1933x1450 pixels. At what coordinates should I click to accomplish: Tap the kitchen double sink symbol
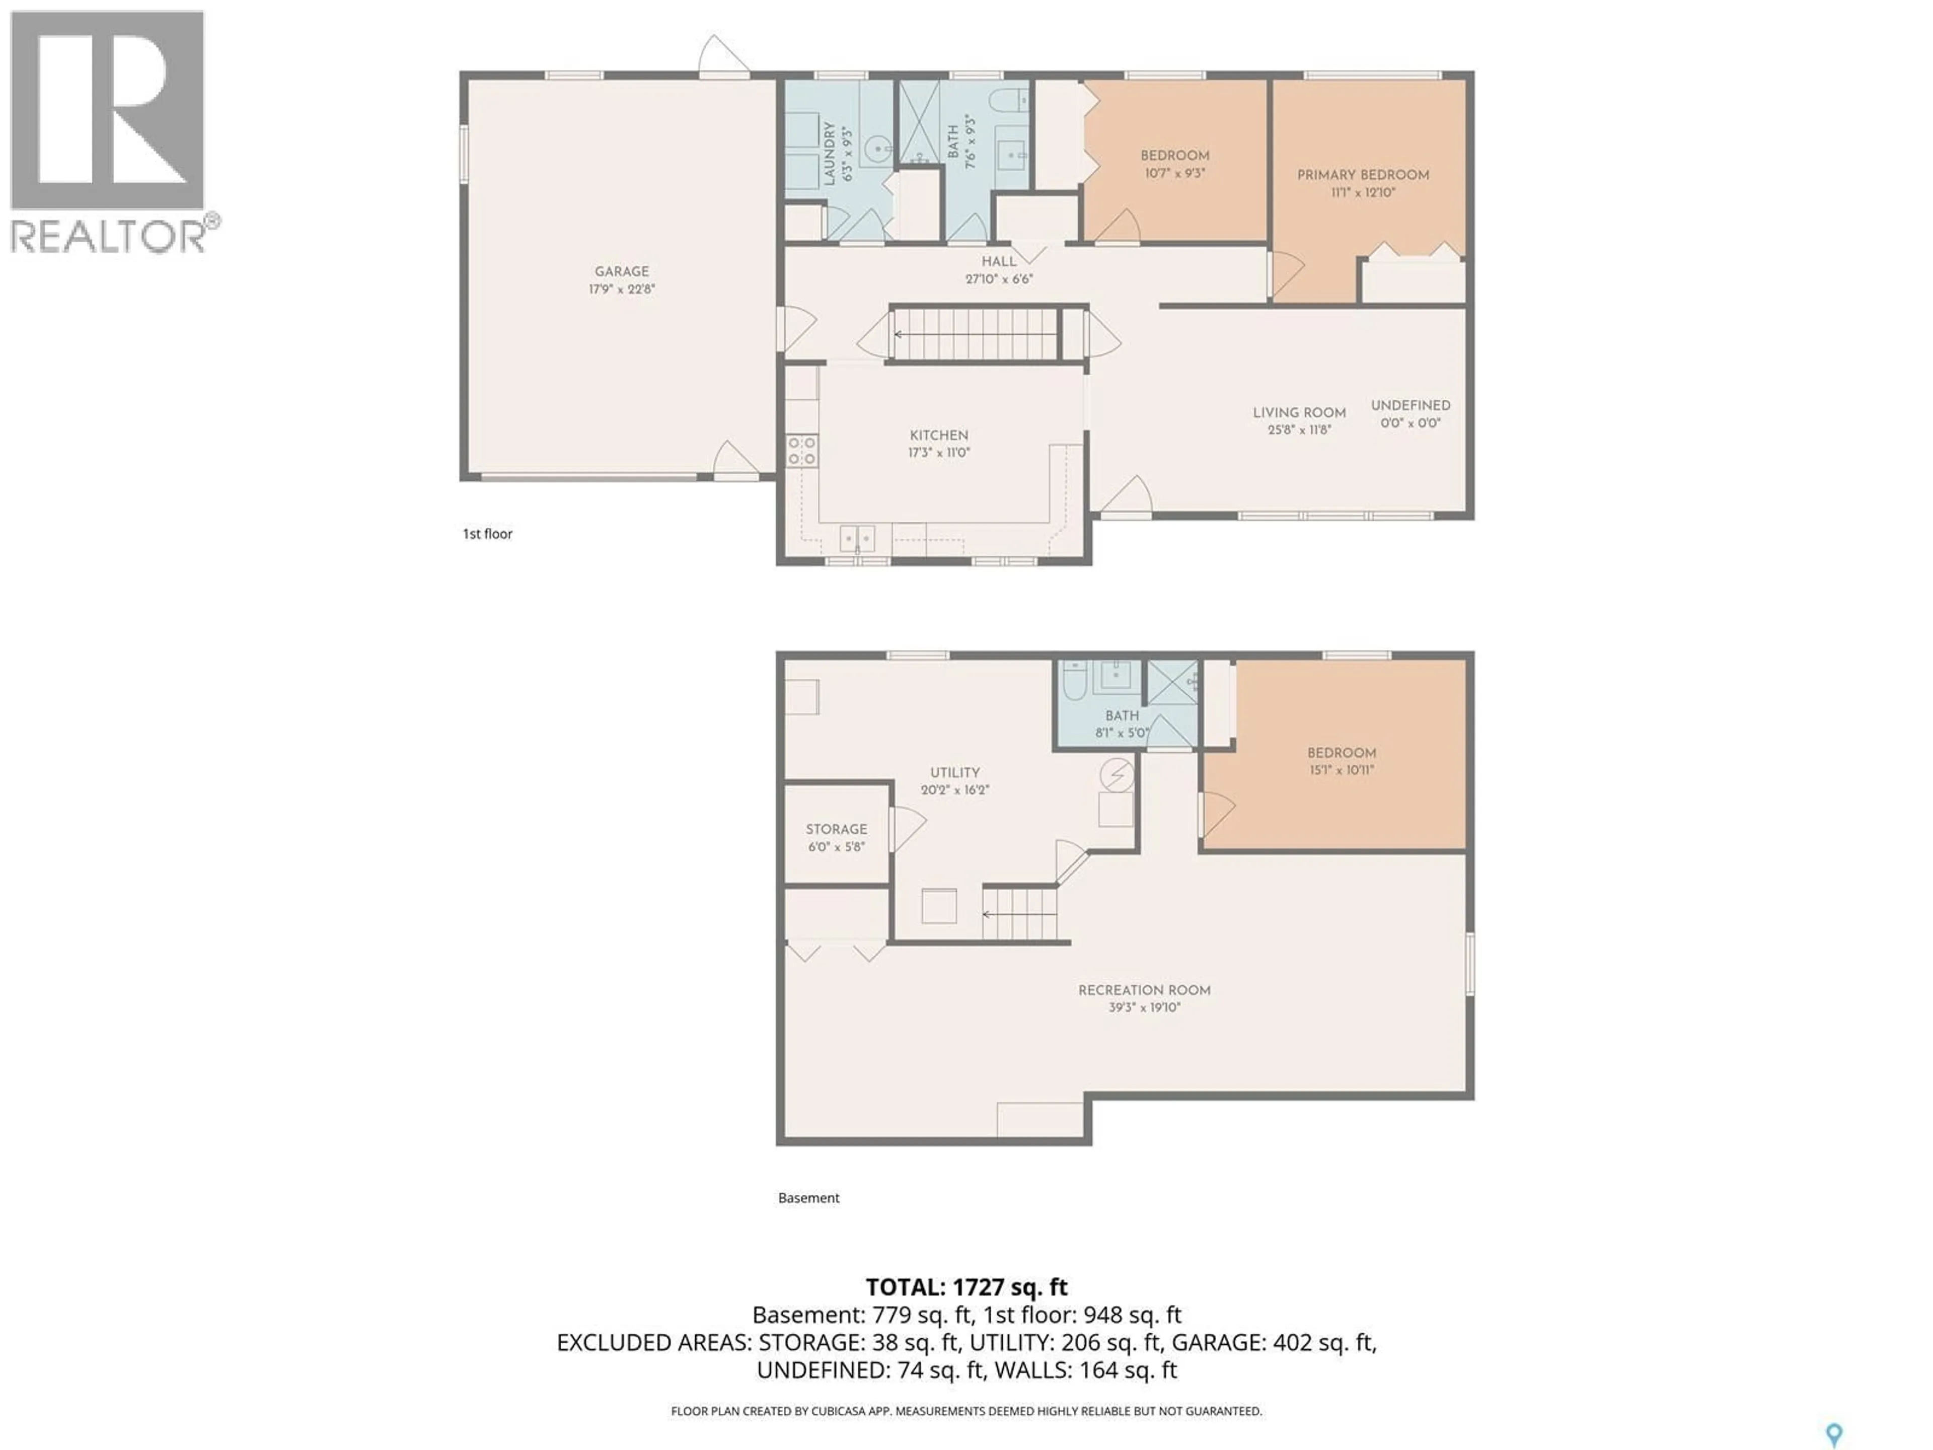tap(856, 538)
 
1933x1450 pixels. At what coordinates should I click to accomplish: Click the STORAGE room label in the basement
tap(836, 829)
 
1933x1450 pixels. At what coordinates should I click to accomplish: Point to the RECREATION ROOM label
tap(1144, 990)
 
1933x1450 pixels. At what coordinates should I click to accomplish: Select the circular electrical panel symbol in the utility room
tap(1116, 774)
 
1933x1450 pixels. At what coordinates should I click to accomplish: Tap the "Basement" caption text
tap(808, 1198)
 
